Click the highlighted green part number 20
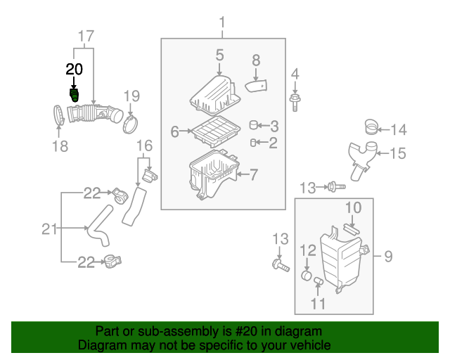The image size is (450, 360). [74, 96]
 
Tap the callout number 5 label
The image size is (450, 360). [219, 55]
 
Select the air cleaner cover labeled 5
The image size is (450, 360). [214, 95]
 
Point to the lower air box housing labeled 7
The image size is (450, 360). [210, 176]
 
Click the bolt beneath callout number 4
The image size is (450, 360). [295, 103]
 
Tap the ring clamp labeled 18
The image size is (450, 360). [59, 115]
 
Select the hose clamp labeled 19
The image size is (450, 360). [129, 124]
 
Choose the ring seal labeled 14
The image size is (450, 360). [370, 127]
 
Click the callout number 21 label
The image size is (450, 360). [49, 228]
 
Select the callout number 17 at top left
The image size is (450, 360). [85, 35]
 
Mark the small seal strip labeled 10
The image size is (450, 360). [351, 226]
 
